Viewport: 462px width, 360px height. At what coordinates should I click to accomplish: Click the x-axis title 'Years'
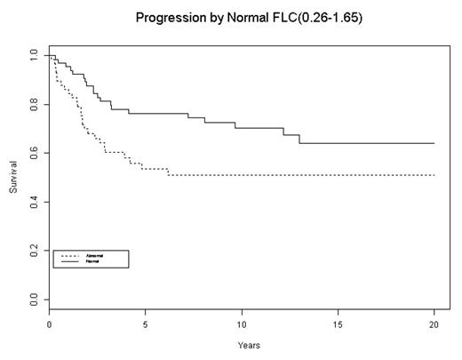242,345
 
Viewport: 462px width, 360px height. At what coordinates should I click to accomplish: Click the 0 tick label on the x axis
49,326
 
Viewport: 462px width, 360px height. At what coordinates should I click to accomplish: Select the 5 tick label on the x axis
145,326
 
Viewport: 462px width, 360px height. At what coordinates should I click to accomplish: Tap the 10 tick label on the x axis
242,326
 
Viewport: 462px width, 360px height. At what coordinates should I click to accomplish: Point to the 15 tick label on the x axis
338,326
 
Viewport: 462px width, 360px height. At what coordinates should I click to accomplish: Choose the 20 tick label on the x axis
434,326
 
